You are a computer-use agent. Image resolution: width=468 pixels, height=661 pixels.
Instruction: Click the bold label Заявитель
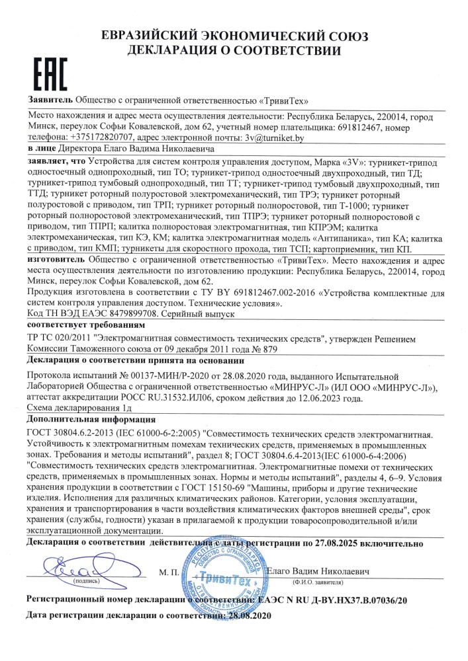(x=50, y=99)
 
